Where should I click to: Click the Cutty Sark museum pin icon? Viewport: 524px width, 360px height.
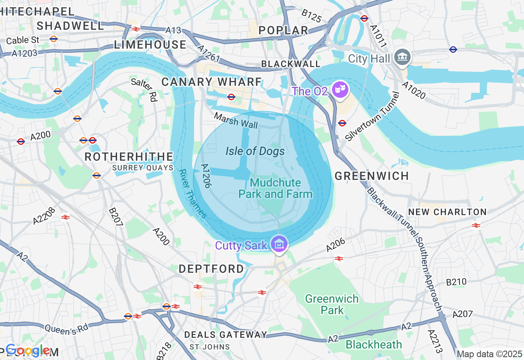pyautogui.click(x=279, y=244)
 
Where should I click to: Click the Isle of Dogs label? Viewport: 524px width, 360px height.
pyautogui.click(x=255, y=151)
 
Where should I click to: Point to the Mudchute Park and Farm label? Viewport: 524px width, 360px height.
pyautogui.click(x=276, y=189)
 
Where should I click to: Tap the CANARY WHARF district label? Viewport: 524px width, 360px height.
pyautogui.click(x=212, y=82)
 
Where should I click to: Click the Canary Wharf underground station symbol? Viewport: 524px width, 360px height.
pyautogui.click(x=231, y=97)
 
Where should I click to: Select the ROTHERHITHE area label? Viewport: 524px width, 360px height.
pyautogui.click(x=129, y=157)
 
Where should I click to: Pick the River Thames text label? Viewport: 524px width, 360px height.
pyautogui.click(x=193, y=193)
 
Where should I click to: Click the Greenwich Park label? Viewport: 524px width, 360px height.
pyautogui.click(x=332, y=304)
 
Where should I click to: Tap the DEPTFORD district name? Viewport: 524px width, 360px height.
pyautogui.click(x=211, y=269)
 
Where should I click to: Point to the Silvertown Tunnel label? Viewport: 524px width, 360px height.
pyautogui.click(x=372, y=117)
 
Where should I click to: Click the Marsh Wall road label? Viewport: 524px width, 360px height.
pyautogui.click(x=236, y=121)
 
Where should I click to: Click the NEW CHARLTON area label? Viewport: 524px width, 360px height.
pyautogui.click(x=447, y=212)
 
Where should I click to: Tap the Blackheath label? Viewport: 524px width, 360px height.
pyautogui.click(x=374, y=344)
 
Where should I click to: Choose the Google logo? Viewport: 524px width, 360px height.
pyautogui.click(x=27, y=350)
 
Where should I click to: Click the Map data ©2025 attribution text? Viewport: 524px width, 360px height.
pyautogui.click(x=489, y=354)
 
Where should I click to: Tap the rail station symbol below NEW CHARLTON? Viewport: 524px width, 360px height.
pyautogui.click(x=476, y=225)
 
